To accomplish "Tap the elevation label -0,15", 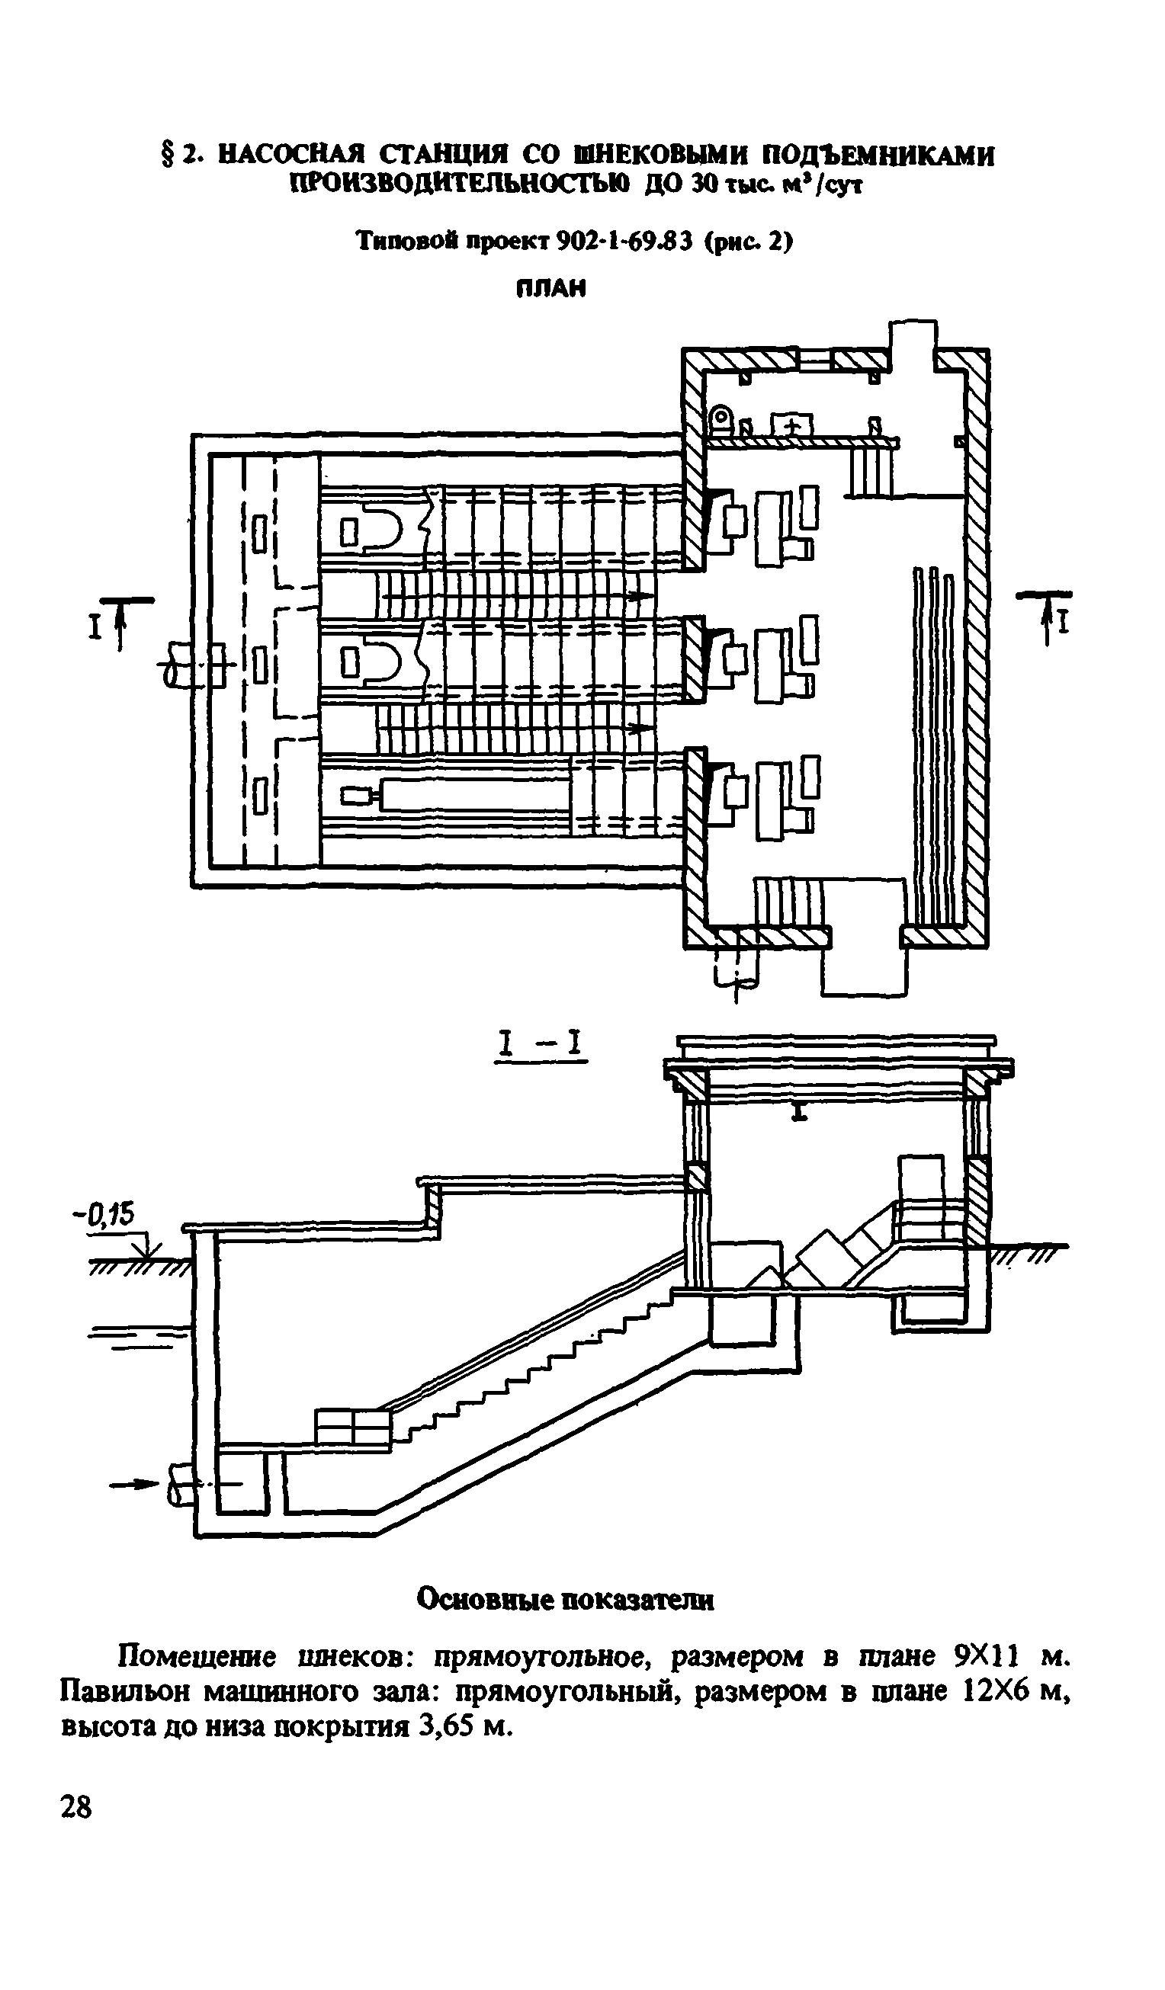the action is click(104, 1213).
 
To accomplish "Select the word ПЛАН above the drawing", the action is click(551, 289).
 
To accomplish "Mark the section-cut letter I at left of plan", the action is click(95, 628).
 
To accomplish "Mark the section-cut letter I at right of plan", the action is click(1064, 625).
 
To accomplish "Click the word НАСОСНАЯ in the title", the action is click(290, 155).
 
